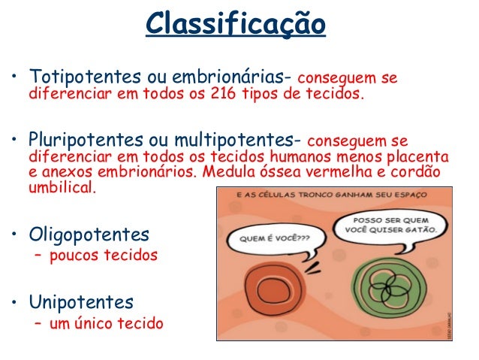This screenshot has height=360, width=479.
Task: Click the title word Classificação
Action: (236, 24)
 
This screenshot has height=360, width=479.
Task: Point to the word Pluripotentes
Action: (80, 141)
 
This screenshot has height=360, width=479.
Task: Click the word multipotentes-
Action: (249, 141)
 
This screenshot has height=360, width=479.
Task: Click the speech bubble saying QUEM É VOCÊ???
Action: (275, 242)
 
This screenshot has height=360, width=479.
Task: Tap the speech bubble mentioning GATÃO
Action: (393, 224)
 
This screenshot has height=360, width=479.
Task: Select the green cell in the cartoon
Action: (392, 289)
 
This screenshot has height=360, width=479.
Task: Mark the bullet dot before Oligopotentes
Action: (14, 234)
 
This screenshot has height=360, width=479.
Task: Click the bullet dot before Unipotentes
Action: (14, 304)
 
